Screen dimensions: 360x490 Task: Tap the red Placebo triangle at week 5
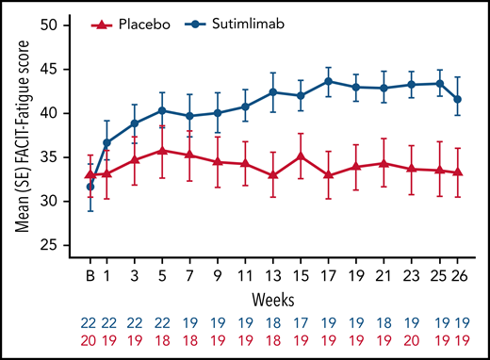coord(163,150)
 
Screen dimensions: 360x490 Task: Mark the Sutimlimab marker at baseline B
coord(90,187)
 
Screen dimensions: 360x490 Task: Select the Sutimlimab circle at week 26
coord(458,99)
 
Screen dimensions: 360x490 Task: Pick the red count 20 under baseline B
coord(90,338)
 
